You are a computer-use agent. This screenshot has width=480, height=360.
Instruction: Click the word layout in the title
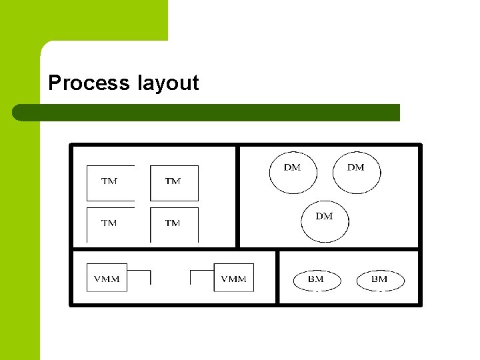pos(168,83)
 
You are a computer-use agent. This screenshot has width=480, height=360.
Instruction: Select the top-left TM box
pos(110,183)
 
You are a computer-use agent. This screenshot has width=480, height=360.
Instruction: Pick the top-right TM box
pos(174,183)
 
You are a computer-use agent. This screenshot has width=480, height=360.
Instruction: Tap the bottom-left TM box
pos(110,225)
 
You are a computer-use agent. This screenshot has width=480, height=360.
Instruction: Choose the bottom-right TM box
pos(174,225)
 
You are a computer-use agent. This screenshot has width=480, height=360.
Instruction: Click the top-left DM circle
pos(293,173)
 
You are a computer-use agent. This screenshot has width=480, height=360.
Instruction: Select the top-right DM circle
pos(356,173)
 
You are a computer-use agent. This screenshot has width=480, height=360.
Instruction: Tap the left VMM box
pos(107,277)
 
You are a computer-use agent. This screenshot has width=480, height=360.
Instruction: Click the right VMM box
pos(233,277)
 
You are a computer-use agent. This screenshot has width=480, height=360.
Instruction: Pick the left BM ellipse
pos(317,280)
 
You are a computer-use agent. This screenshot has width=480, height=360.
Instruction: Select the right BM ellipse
pos(380,280)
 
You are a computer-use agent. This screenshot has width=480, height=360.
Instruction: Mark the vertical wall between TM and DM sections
pos(237,197)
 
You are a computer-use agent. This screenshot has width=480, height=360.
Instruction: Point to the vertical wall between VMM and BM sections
pos(277,277)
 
